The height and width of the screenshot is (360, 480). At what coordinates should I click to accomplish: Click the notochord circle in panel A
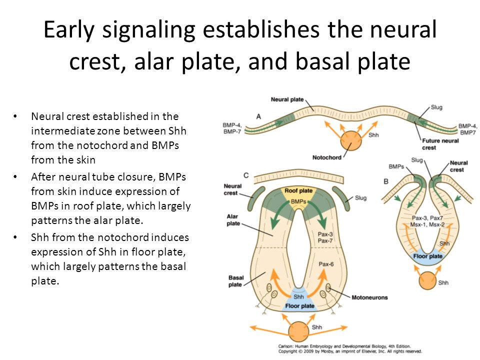point(351,141)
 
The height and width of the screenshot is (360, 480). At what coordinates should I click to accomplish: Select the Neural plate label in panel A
point(287,99)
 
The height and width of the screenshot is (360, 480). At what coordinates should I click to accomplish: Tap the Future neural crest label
point(440,144)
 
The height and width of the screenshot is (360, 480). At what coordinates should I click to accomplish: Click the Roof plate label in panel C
point(298,190)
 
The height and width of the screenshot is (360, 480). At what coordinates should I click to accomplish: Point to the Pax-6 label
point(326,264)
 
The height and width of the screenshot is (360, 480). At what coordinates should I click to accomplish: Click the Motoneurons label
point(369,297)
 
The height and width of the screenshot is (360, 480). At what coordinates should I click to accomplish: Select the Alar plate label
point(233,220)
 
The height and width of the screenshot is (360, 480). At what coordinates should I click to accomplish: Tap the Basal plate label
point(235,281)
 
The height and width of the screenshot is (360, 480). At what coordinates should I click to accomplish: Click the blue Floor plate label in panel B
point(427,256)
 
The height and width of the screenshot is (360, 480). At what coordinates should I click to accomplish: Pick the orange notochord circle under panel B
point(427,280)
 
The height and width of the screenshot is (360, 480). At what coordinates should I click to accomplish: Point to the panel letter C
point(246,175)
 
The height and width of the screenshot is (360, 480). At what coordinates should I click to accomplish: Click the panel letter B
point(386,181)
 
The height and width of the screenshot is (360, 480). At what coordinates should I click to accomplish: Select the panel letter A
point(258,116)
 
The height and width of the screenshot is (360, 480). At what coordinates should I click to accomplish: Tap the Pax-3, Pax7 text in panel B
point(427,218)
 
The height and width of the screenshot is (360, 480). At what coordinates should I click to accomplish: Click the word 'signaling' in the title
point(148,30)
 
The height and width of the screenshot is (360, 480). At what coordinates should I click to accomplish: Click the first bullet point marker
point(15,116)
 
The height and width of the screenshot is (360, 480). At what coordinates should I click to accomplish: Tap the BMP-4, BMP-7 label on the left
point(232,128)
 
